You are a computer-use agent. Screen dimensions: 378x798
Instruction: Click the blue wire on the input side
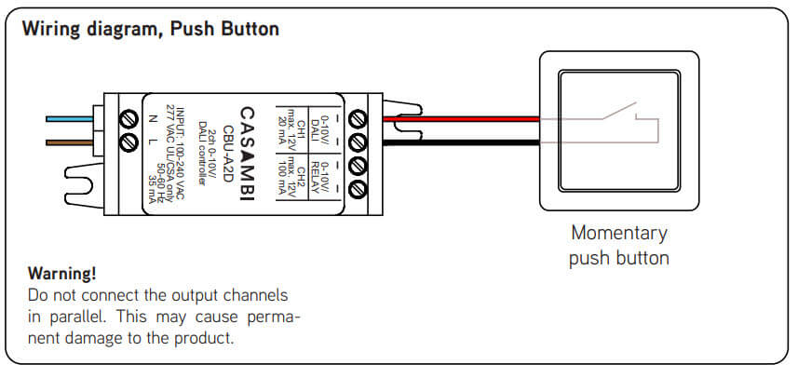pyautogui.click(x=70, y=118)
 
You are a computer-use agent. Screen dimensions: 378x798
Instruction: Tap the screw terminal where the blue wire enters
pyautogui.click(x=128, y=118)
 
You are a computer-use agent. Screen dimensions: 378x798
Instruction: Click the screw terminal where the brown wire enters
pyautogui.click(x=128, y=142)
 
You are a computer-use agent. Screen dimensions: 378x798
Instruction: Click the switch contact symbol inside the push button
pyautogui.click(x=618, y=115)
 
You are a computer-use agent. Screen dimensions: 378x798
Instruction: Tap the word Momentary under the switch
pyautogui.click(x=619, y=233)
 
